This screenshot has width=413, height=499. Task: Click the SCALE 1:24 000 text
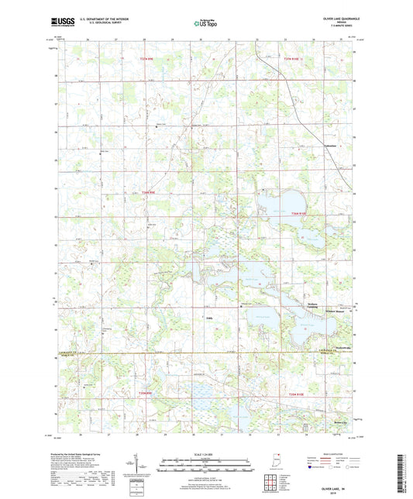[x=205, y=454]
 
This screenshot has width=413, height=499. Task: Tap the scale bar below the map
[x=205, y=467]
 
